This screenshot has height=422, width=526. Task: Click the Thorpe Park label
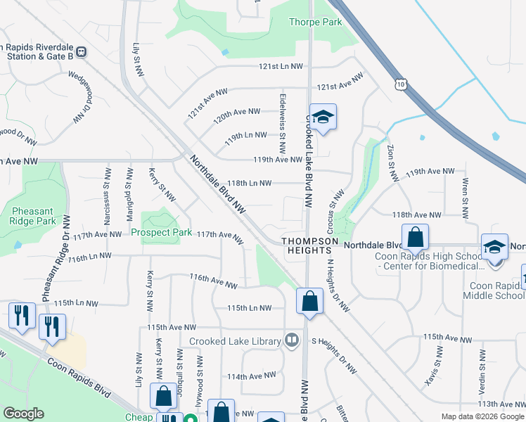click(315, 22)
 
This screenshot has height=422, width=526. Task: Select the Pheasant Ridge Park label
click(33, 216)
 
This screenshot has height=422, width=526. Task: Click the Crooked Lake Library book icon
click(292, 341)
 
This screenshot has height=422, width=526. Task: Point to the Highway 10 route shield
click(400, 84)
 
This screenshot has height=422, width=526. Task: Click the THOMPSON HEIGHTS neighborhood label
click(306, 245)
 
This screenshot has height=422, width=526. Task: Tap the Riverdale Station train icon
click(82, 51)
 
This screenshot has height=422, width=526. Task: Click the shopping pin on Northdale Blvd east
click(415, 238)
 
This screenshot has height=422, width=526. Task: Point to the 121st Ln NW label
click(279, 67)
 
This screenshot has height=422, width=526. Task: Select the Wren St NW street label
click(465, 191)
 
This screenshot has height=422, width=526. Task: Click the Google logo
click(24, 414)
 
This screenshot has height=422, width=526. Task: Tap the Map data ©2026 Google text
click(482, 416)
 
